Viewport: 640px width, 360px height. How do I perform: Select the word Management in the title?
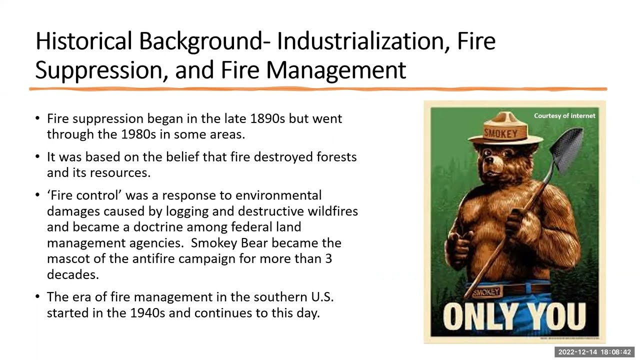pos(336,70)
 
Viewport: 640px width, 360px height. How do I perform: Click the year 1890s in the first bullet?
pos(267,118)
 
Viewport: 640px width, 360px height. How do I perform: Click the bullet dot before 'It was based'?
pos(37,156)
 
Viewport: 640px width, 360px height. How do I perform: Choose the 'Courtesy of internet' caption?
pos(564,115)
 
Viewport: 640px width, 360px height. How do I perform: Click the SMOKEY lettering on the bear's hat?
pos(501,133)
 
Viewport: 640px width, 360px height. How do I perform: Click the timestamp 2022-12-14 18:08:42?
pos(594,351)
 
